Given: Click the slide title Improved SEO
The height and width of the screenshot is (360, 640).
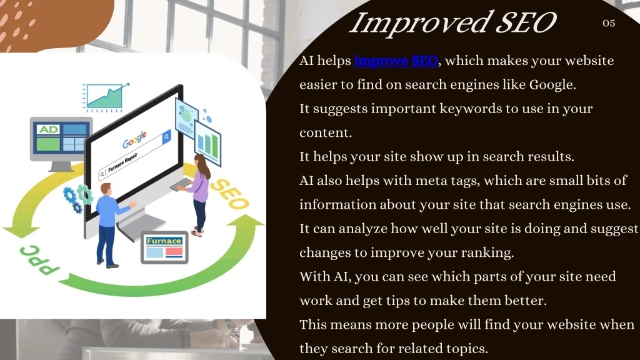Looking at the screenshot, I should (x=452, y=23).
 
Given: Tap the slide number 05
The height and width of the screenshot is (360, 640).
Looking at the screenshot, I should (x=609, y=23).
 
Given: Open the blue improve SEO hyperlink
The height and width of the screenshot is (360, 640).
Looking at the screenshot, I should (x=396, y=61).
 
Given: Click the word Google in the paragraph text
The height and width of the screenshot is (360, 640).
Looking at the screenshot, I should (x=551, y=84).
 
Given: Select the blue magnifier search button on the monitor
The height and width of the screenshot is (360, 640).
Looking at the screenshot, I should (x=166, y=136).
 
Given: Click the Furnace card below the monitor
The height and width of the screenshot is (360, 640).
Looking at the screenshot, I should (x=164, y=247).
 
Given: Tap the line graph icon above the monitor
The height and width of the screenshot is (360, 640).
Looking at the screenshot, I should (x=106, y=96).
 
